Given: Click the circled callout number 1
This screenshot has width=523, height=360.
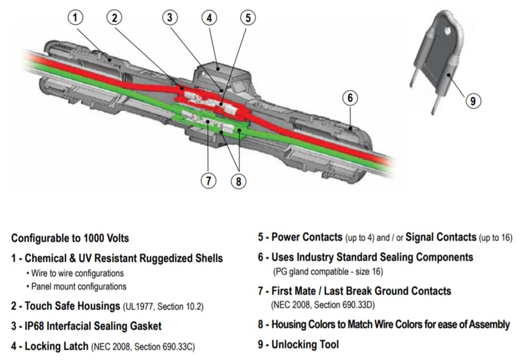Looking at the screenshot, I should [76, 17].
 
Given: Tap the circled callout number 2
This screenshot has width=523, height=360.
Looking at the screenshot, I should [115, 17].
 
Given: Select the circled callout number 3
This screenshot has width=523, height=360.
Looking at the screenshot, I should [169, 17].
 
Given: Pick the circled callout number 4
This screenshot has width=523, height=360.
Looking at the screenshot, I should [209, 17].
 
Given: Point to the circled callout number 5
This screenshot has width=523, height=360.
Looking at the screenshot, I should [248, 17].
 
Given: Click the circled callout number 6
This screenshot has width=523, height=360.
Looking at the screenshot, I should [351, 97].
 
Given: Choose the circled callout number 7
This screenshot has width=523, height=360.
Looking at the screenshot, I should [208, 181].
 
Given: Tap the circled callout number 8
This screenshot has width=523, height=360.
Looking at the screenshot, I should [238, 181].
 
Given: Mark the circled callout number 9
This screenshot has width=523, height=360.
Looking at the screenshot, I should [473, 100].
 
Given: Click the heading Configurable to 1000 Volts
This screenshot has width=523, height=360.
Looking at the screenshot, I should [70, 238].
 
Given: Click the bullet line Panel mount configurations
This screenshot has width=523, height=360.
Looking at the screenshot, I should [78, 287].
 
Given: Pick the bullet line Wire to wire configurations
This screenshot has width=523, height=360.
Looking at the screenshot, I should [77, 273].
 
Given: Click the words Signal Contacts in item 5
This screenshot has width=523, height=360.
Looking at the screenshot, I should [440, 237].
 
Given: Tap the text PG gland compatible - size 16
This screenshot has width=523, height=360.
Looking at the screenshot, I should [328, 272].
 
